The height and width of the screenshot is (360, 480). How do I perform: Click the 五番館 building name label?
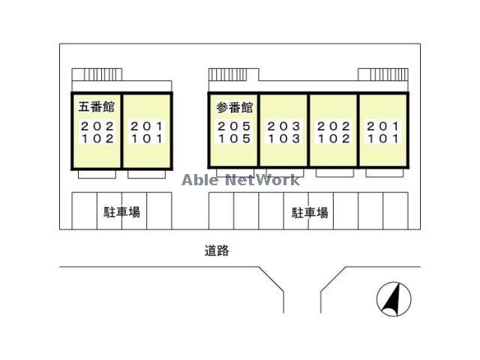click(x=97, y=107)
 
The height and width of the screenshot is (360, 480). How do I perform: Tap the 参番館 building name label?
click(x=235, y=107)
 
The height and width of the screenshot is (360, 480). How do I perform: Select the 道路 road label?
click(x=217, y=251)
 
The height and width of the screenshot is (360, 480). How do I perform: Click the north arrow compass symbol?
click(x=394, y=299)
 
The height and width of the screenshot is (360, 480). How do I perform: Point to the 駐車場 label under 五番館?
click(x=122, y=212)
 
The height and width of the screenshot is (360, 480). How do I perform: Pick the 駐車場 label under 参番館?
click(x=310, y=212)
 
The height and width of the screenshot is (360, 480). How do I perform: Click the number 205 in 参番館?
click(x=234, y=126)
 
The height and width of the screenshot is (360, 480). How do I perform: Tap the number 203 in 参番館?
click(x=284, y=126)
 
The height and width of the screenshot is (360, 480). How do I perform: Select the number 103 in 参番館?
click(x=284, y=138)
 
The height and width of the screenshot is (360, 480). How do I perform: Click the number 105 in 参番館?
click(x=234, y=138)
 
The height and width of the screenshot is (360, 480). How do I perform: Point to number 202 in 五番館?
click(x=97, y=126)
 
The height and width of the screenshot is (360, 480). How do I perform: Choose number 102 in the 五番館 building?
click(x=97, y=138)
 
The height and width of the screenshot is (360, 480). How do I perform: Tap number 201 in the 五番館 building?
click(x=146, y=126)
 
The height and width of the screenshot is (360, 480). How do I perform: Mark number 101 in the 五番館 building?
click(x=146, y=138)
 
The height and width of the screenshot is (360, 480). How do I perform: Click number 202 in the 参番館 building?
click(x=334, y=126)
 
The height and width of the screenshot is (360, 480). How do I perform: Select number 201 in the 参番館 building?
click(x=383, y=126)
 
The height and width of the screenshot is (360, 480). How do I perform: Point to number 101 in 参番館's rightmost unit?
click(x=383, y=138)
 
